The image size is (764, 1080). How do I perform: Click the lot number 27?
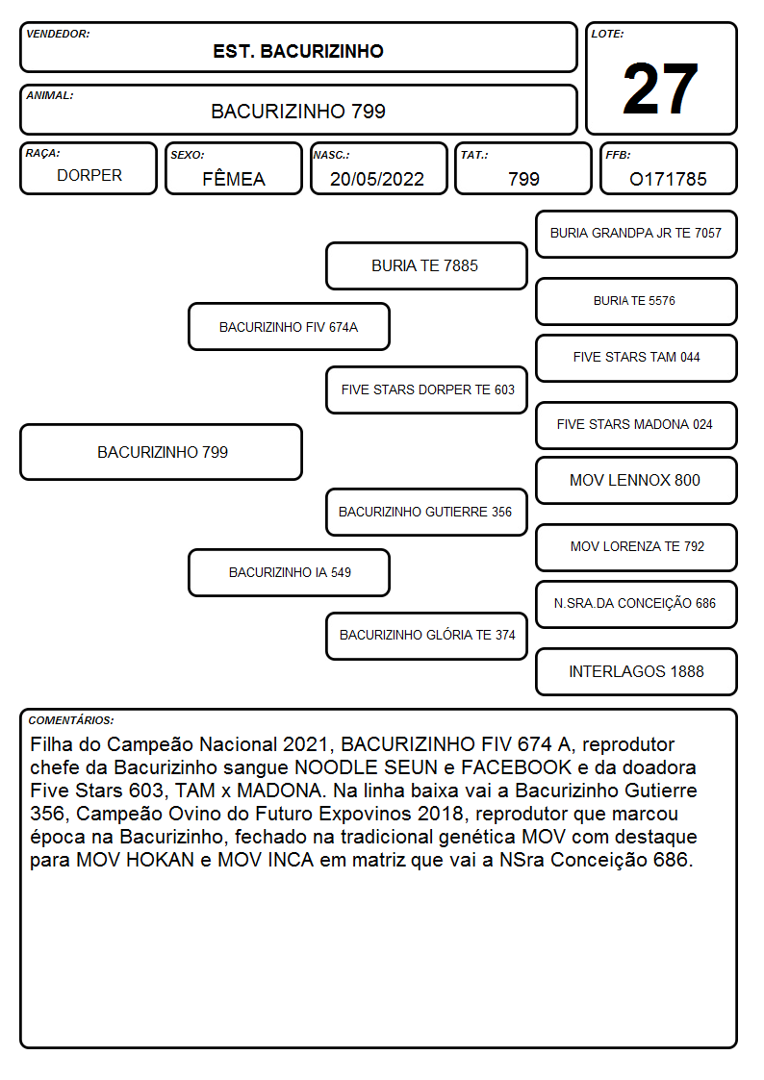(x=660, y=88)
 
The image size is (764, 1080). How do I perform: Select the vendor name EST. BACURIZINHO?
(x=298, y=52)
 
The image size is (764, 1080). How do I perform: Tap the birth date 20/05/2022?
(x=377, y=179)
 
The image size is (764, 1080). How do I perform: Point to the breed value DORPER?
(x=89, y=176)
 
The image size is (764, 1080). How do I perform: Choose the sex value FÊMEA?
(x=234, y=178)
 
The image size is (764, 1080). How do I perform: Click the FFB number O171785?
(x=668, y=179)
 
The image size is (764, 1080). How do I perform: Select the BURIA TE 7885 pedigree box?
(x=426, y=265)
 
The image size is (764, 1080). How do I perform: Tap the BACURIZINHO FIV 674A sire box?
(x=290, y=327)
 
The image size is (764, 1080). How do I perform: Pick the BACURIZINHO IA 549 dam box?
(x=290, y=572)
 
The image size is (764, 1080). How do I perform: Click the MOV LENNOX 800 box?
(x=637, y=480)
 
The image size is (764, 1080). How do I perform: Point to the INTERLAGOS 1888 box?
(x=637, y=671)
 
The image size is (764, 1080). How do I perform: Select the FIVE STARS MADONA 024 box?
(x=637, y=425)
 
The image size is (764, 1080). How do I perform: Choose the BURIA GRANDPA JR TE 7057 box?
(x=637, y=234)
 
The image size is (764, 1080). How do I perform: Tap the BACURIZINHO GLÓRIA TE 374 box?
(x=426, y=636)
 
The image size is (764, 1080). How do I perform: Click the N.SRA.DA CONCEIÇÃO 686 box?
(x=637, y=604)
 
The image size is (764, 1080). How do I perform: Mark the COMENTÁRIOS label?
(x=71, y=720)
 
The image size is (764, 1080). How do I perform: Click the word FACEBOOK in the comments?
(x=516, y=767)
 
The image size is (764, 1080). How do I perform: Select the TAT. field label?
(x=474, y=155)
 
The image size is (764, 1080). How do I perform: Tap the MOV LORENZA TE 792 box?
(x=637, y=547)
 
